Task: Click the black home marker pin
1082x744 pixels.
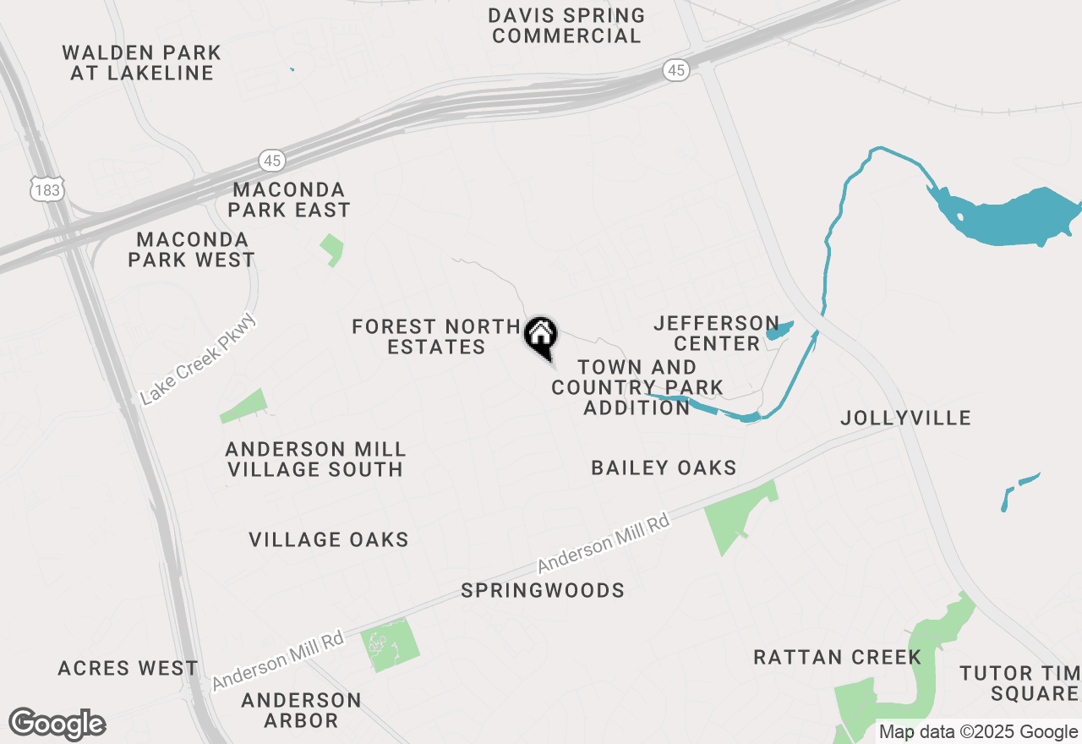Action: click(541, 336)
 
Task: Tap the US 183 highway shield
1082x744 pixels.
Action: click(46, 189)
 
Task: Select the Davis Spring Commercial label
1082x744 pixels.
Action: click(567, 25)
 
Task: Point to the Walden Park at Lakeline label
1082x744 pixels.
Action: click(142, 63)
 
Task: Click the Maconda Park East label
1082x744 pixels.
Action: click(289, 199)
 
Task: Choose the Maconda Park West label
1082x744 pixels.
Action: click(192, 249)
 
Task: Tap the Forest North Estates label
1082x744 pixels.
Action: click(436, 336)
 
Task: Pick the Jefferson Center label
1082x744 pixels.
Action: click(717, 333)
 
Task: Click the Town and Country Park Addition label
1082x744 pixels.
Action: click(637, 387)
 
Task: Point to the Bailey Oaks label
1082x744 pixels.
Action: click(664, 468)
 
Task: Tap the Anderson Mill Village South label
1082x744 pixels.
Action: click(314, 459)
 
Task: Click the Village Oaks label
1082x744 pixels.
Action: click(329, 539)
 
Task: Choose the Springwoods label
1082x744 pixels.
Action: click(543, 590)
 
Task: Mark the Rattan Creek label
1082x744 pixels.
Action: click(837, 657)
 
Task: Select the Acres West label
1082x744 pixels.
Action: click(128, 668)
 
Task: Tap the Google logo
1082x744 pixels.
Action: click(57, 725)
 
